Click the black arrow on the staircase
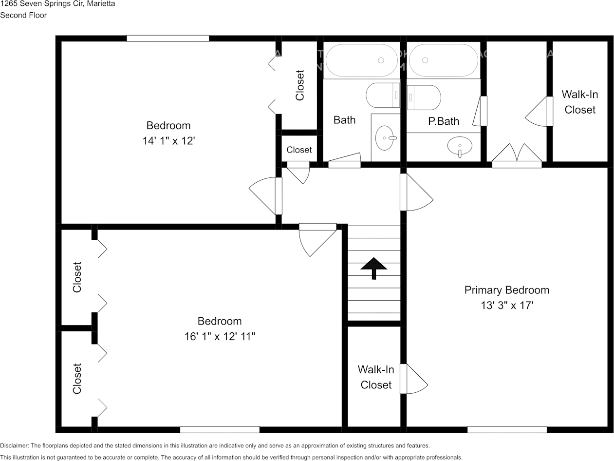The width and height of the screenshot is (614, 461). click(374, 268)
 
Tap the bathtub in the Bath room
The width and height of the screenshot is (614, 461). click(361, 60)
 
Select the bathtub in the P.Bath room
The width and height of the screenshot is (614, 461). click(443, 60)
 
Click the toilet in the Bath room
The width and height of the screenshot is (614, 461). click(383, 96)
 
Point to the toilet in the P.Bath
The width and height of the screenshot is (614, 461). click(424, 97)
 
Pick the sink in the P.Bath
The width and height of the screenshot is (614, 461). click(460, 146)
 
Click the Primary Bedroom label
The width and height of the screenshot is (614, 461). click(506, 290)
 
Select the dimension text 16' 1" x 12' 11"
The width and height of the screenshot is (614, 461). click(220, 336)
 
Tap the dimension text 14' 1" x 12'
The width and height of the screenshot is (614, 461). click(168, 141)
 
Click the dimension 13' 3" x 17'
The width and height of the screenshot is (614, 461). click(506, 306)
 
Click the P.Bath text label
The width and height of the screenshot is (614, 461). click(444, 121)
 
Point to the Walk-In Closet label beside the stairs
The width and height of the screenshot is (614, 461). click(376, 377)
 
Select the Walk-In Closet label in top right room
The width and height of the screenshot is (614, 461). click(579, 102)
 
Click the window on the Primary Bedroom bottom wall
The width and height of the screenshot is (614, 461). click(506, 429)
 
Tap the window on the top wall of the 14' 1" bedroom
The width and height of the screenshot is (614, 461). click(167, 38)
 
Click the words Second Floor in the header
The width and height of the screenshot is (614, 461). click(23, 15)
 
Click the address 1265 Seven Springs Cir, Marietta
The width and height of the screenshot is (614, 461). click(57, 4)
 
